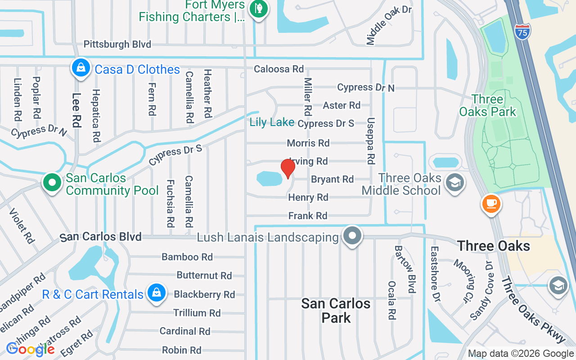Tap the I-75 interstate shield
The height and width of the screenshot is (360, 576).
pos(522,31)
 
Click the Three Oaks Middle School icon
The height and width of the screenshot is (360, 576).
pos(454,183)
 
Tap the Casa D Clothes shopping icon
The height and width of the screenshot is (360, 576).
pos(81,68)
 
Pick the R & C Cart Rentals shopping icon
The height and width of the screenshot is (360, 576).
pos(156,293)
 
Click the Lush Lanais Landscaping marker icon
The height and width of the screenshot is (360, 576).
pos(353,235)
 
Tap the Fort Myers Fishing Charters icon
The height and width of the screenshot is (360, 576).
pos(258,8)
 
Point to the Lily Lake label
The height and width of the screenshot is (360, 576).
pos(272,122)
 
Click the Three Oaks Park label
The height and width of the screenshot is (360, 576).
pos(488,105)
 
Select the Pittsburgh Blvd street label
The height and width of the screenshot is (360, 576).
pos(117,44)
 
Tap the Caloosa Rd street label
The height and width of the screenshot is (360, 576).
pos(279,69)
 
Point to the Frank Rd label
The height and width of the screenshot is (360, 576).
pos(308,216)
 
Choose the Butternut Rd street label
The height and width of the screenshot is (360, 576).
pos(204,275)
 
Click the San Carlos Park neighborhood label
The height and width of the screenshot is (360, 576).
pos(336,310)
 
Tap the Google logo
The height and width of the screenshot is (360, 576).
pos(31,349)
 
